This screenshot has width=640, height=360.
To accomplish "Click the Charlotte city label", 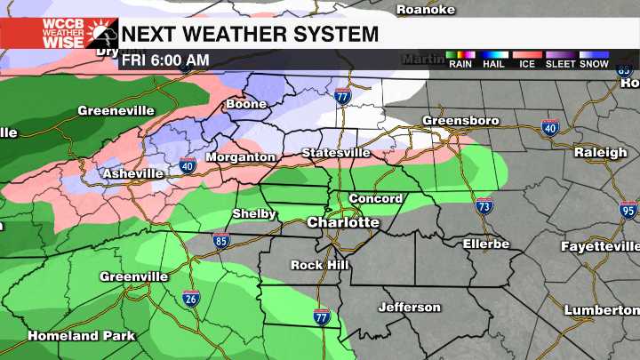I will [x=343, y=222].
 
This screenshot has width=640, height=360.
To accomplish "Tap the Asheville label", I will [x=132, y=173].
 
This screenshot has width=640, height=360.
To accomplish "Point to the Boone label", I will [x=247, y=104].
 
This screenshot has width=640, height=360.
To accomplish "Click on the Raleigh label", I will [x=600, y=152].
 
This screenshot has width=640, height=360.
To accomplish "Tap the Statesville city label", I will [x=336, y=153].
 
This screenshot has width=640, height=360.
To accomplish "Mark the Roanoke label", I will [x=426, y=9].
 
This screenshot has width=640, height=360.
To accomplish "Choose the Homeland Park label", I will [x=82, y=336].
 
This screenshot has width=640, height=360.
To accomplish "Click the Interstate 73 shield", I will [x=484, y=205].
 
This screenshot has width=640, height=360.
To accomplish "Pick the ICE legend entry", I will [x=527, y=63].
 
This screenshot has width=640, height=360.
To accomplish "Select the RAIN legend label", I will [x=460, y=63].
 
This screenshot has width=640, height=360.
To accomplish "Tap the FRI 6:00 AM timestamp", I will [x=166, y=60].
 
